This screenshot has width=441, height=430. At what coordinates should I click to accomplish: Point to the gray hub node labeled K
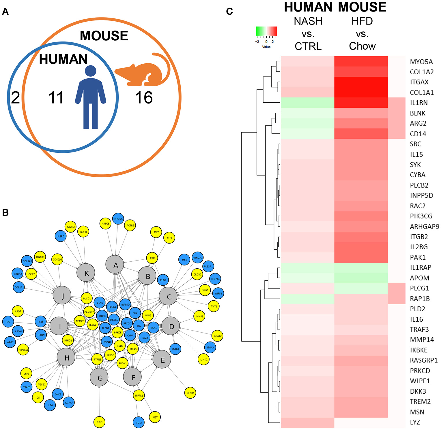tap(86, 273)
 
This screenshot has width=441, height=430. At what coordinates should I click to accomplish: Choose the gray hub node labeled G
tap(99, 378)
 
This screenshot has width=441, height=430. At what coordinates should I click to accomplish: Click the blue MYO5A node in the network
tap(118, 219)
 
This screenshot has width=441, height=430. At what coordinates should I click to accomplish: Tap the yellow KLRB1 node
tap(190, 393)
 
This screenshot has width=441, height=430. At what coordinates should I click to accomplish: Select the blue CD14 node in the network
tap(139, 423)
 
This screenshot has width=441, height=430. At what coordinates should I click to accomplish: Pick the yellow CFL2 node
tap(99, 422)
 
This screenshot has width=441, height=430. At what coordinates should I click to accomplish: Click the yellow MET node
tap(155, 417)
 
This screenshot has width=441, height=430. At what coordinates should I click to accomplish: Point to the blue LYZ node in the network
tap(8, 322)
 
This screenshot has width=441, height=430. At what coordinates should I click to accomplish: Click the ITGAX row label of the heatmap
tap(419, 82)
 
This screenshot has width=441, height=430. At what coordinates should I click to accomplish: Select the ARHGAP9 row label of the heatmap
tap(424, 227)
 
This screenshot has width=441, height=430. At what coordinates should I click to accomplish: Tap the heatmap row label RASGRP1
tap(423, 360)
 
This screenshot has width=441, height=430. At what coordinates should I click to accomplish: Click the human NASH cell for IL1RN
tap(307, 103)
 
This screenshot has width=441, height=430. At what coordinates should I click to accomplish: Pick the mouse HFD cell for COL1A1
tap(361, 93)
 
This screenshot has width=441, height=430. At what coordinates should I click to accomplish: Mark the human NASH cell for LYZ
tap(307, 423)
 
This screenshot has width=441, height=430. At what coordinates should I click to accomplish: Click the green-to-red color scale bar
tap(266, 31)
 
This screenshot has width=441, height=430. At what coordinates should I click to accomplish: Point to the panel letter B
tap(5, 213)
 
